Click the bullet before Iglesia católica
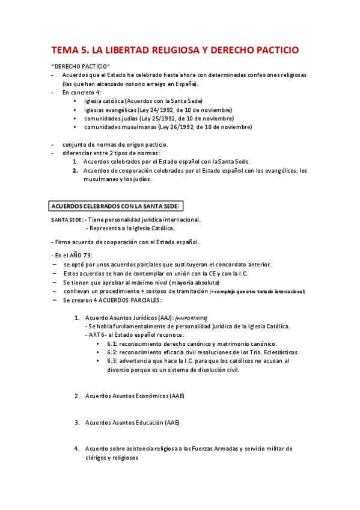click(75, 101)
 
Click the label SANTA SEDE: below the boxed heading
click(67, 220)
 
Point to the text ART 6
click(97, 334)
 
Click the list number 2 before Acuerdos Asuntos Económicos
click(77, 396)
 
